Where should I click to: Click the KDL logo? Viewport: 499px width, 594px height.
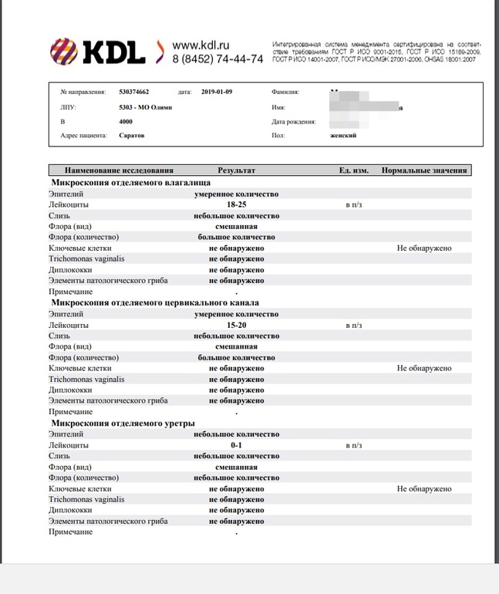point(99,52)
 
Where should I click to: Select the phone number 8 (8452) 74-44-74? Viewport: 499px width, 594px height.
point(217,59)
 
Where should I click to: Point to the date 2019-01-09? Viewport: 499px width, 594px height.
point(217,93)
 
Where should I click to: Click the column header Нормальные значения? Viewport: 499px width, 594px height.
point(425,170)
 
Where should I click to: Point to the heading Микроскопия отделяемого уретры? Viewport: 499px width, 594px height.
point(122,424)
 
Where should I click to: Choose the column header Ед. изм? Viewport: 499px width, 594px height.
point(354,170)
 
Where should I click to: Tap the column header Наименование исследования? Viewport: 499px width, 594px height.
point(120,170)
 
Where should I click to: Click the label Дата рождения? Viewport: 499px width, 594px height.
point(295,122)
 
